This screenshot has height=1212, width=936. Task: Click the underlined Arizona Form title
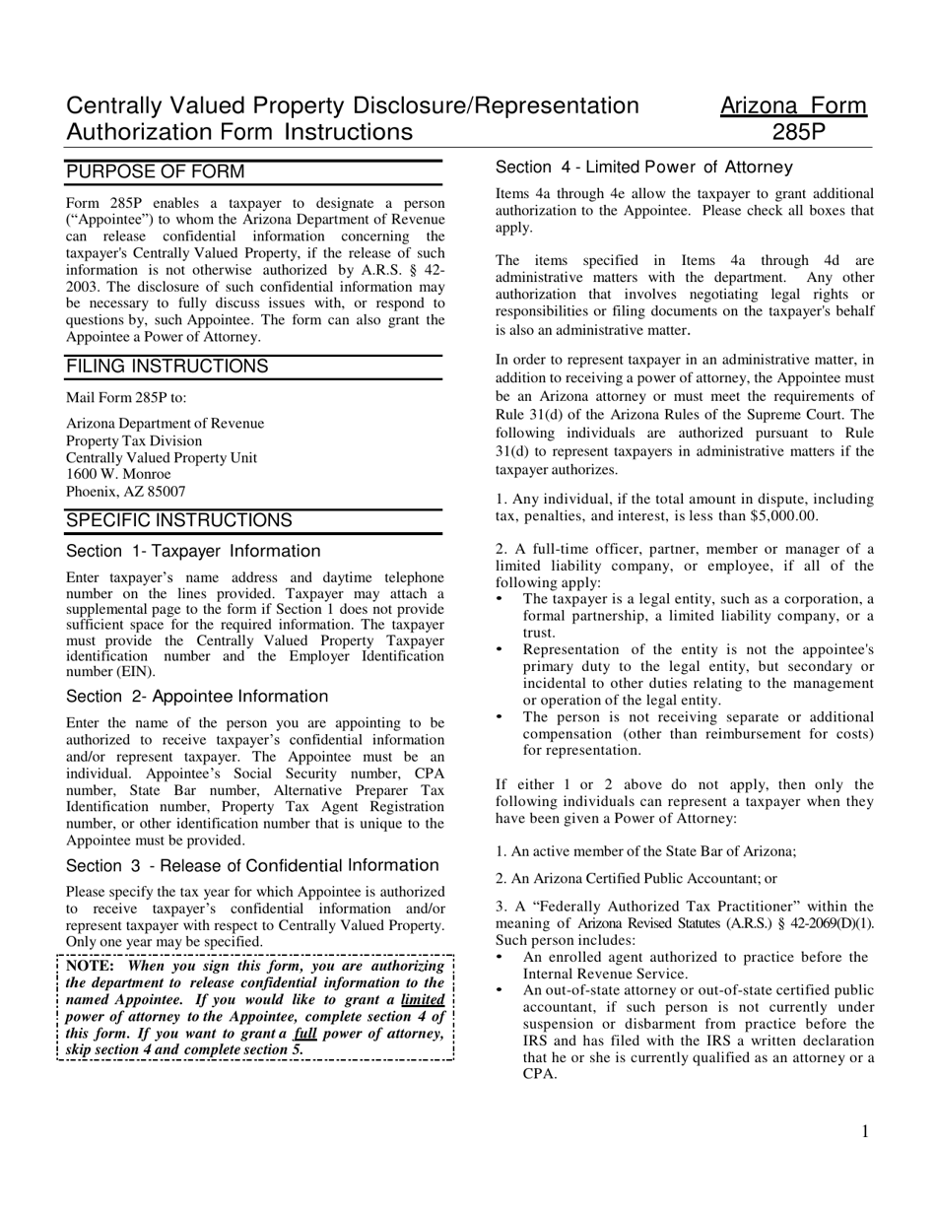(x=793, y=105)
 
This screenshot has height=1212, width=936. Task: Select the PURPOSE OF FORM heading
(x=155, y=172)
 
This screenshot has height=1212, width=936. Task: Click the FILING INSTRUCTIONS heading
(x=167, y=367)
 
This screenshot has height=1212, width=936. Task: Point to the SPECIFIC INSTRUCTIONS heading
(x=178, y=520)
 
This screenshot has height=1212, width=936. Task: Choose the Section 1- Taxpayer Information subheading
(x=193, y=551)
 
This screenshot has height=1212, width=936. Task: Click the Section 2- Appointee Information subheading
(x=197, y=697)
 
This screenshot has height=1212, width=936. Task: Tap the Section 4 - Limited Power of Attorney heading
(x=643, y=168)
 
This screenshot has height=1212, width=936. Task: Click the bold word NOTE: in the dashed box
(x=90, y=966)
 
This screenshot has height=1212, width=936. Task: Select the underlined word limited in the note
(x=422, y=999)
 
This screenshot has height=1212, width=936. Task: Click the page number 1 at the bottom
(x=865, y=1131)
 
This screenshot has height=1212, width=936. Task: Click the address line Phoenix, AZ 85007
(x=125, y=491)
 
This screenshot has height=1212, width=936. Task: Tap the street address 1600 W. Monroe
(x=118, y=474)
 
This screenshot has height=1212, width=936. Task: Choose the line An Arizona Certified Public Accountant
(x=636, y=878)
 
